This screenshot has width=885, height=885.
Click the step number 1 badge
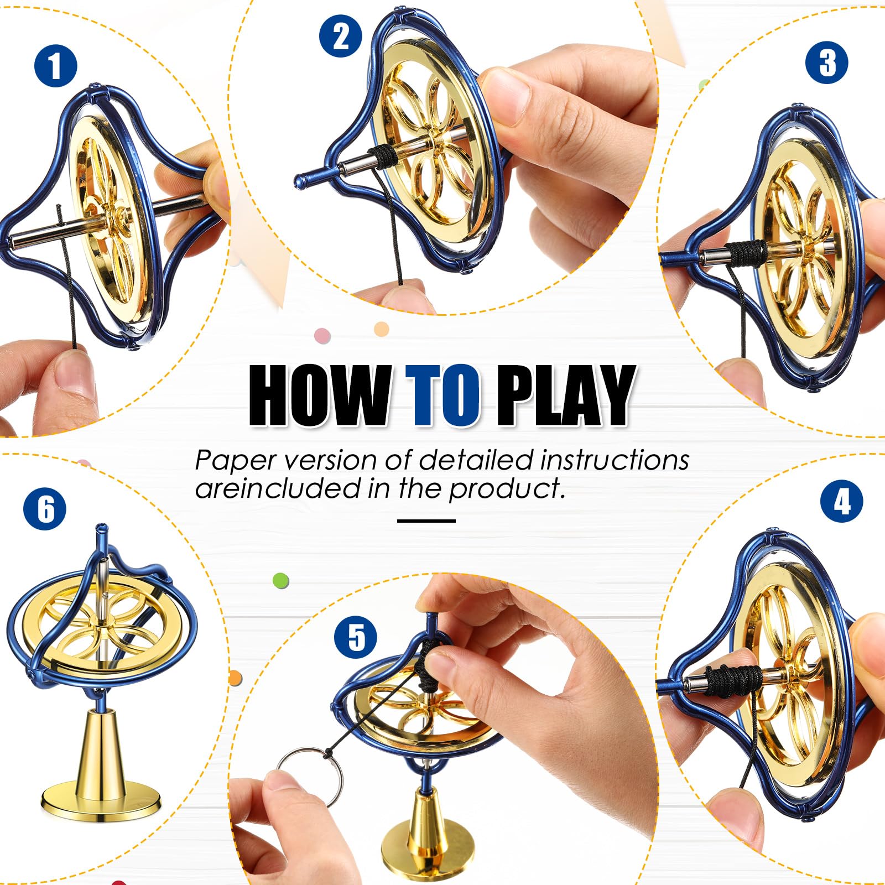[56, 66]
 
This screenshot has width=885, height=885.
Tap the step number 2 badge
[341, 36]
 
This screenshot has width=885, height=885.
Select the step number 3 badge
[827, 63]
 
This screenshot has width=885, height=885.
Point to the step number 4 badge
[842, 502]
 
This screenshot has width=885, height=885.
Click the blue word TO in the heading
[442, 396]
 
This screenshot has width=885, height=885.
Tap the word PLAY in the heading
[564, 396]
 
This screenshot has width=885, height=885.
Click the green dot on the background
[281, 580]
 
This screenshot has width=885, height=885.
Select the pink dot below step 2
[322, 335]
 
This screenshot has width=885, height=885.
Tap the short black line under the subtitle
[426, 520]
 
